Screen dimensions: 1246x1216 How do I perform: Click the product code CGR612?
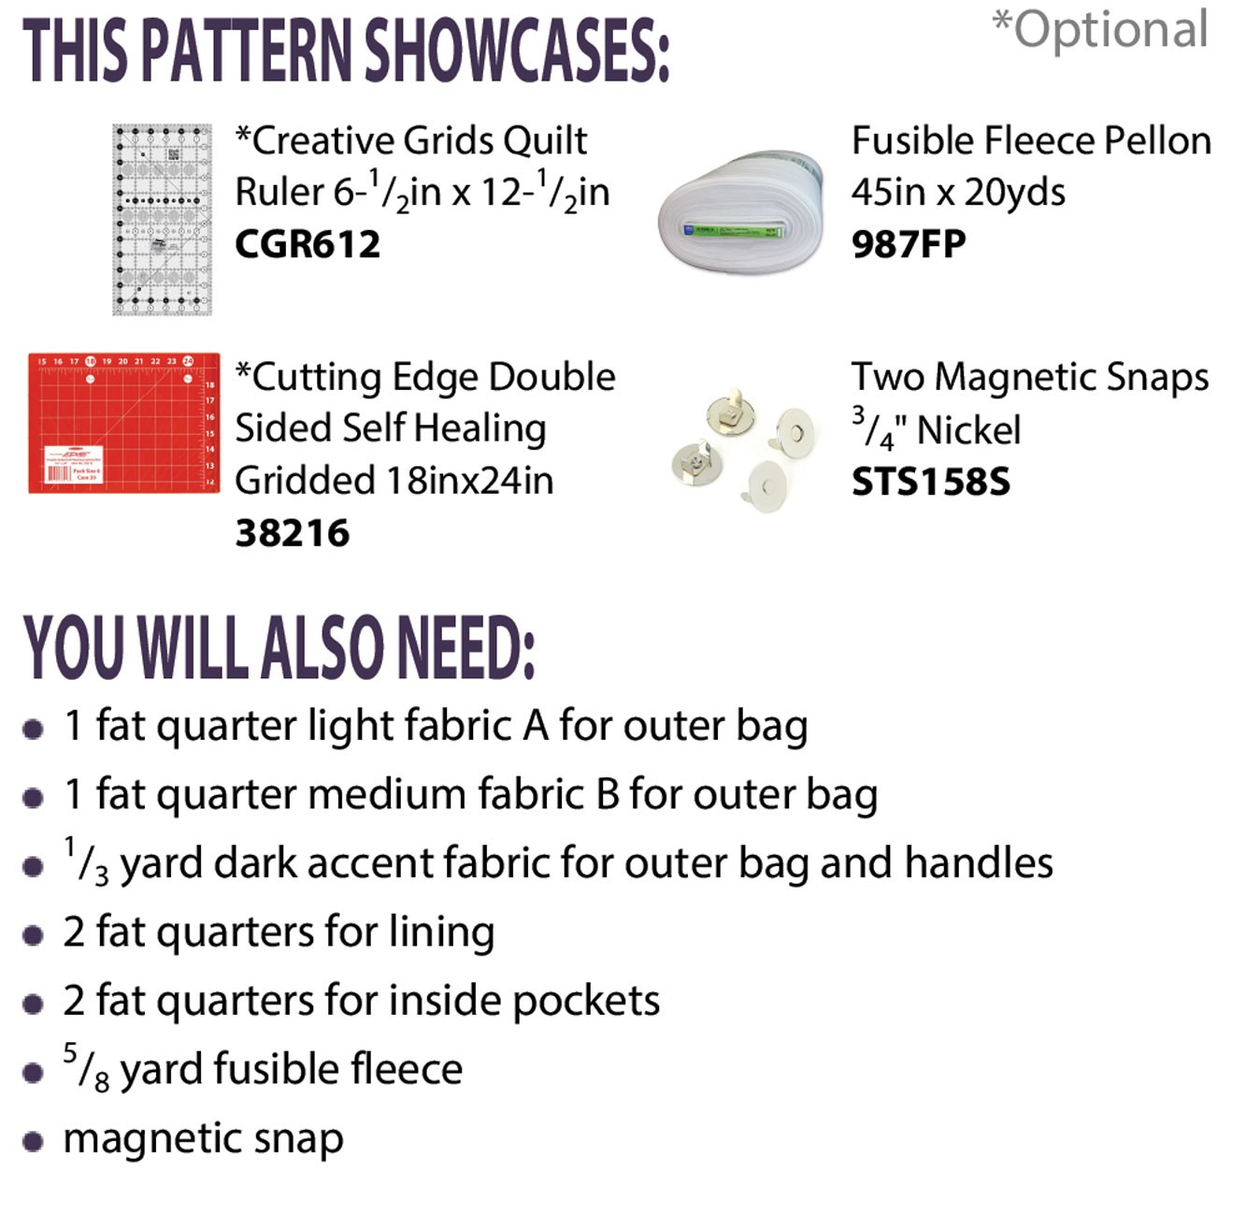tap(308, 244)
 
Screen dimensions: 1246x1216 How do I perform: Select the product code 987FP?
tap(908, 244)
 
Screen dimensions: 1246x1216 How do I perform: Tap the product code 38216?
tap(292, 533)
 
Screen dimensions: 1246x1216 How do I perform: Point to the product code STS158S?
tap(930, 482)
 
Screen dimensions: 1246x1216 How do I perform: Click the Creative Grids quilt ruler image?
tap(162, 219)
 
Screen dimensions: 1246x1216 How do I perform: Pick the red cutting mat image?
tap(123, 423)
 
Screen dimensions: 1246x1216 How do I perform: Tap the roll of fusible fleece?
tap(740, 212)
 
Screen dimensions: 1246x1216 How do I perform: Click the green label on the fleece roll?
tap(731, 230)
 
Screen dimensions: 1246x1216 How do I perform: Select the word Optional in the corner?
tap(1110, 30)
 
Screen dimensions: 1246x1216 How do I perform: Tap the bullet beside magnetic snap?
tap(33, 1142)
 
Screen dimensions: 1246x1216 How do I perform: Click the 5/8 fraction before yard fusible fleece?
tap(86, 1068)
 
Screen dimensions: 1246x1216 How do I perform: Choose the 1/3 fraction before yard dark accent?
tap(86, 861)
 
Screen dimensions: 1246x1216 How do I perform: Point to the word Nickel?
tap(968, 429)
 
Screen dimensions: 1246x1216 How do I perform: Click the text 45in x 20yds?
tap(958, 192)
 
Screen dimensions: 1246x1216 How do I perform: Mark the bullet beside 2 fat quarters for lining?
tap(33, 935)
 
